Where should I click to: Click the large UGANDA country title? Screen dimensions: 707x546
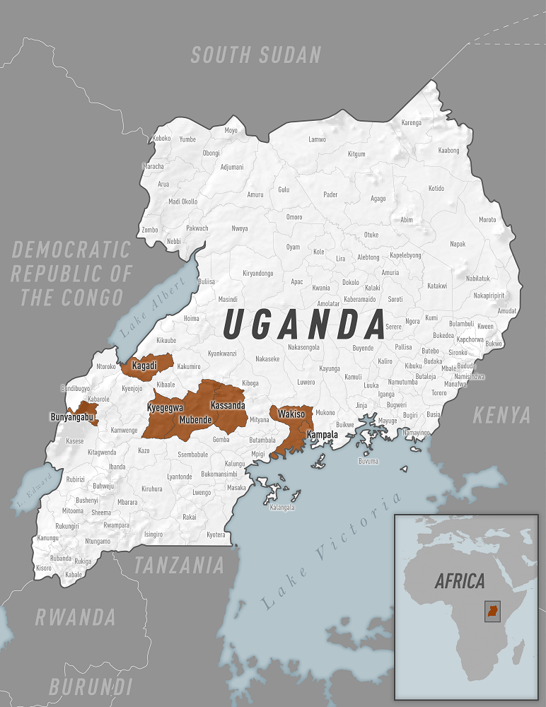pyautogui.click(x=303, y=325)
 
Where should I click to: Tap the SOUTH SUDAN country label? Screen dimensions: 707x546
pyautogui.click(x=256, y=55)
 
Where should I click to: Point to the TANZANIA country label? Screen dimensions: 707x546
pyautogui.click(x=179, y=565)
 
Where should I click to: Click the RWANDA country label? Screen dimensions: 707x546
pyautogui.click(x=75, y=617)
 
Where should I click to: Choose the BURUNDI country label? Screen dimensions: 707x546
pyautogui.click(x=90, y=686)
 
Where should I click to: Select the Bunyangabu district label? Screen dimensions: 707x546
pyautogui.click(x=71, y=417)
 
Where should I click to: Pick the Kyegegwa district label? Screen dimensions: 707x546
pyautogui.click(x=165, y=408)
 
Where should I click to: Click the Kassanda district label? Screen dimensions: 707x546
pyautogui.click(x=228, y=405)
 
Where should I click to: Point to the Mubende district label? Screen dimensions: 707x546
pyautogui.click(x=195, y=419)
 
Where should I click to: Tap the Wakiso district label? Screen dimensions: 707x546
pyautogui.click(x=291, y=413)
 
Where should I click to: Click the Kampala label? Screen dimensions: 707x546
pyautogui.click(x=322, y=434)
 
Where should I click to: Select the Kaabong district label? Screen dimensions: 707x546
pyautogui.click(x=448, y=151)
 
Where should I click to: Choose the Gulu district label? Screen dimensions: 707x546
pyautogui.click(x=284, y=189)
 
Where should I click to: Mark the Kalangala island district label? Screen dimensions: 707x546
pyautogui.click(x=281, y=507)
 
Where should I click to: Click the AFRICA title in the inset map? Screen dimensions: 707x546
pyautogui.click(x=460, y=581)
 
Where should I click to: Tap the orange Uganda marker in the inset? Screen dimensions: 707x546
pyautogui.click(x=492, y=612)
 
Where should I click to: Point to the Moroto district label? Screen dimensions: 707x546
pyautogui.click(x=487, y=219)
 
